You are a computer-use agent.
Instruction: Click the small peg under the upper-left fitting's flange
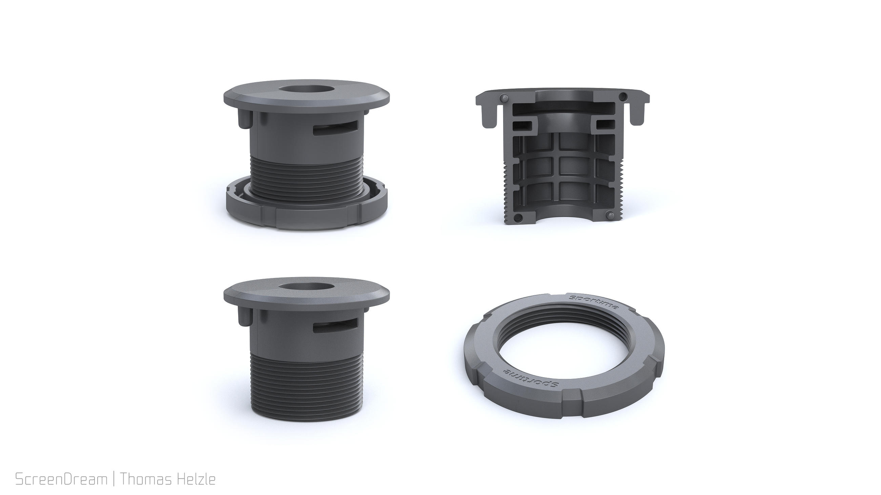[x=244, y=119]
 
